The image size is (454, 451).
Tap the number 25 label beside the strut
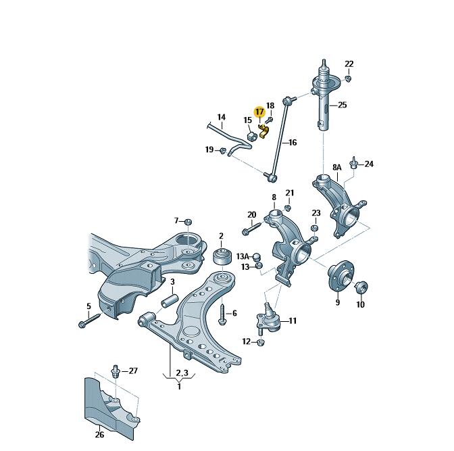(x=342, y=105)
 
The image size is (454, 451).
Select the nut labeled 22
(x=348, y=78)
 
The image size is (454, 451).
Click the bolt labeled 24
(x=353, y=164)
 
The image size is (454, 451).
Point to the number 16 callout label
(x=292, y=143)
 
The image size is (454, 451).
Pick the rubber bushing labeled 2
(x=221, y=256)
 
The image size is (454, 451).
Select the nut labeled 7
(x=189, y=222)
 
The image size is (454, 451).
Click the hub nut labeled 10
(x=359, y=287)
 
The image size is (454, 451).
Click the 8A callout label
(x=336, y=167)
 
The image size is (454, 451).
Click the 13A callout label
(x=243, y=256)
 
